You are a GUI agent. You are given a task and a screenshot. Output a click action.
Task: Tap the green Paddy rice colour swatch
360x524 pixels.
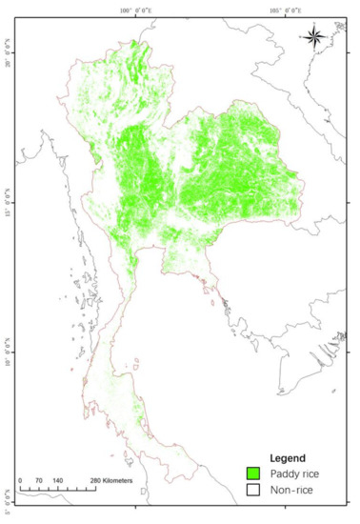point(254,473)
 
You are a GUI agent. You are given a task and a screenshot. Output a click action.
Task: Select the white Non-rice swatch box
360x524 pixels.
point(254,490)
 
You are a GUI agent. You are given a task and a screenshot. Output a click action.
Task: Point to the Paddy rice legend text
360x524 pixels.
point(292,473)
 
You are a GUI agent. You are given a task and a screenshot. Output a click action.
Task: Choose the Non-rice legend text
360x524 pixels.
point(289,490)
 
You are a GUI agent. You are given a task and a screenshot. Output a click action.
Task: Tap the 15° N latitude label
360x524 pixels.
point(8,202)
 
